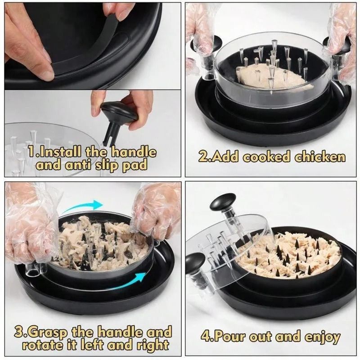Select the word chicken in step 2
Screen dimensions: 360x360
point(320,157)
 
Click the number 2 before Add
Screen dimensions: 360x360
point(203,157)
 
